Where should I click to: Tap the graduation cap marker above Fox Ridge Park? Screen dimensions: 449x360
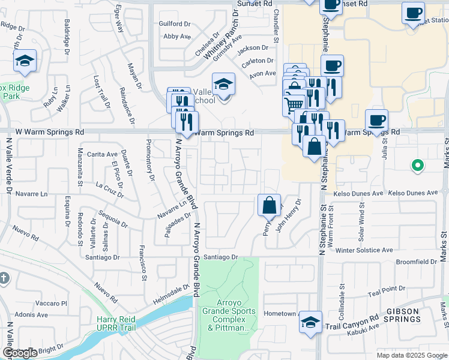coord(25,61)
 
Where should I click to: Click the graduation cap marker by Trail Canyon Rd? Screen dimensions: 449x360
coord(310,322)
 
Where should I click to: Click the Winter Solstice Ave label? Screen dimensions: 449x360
coord(364,250)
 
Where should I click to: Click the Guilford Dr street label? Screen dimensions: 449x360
coord(174,24)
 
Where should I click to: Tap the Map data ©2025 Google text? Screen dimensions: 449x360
coord(411,355)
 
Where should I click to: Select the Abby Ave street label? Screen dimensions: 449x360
coord(176,36)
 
